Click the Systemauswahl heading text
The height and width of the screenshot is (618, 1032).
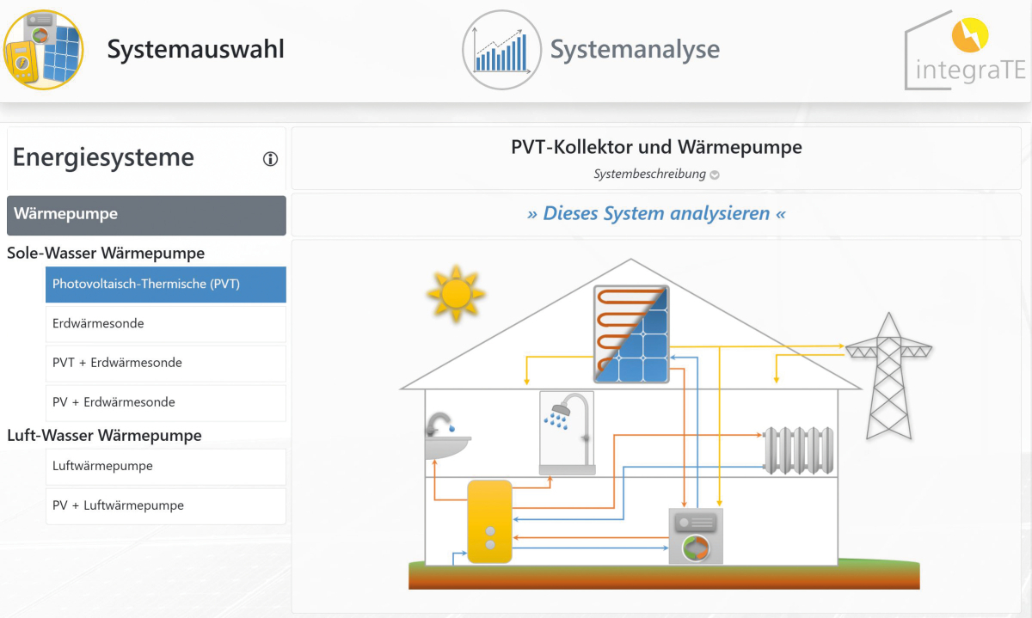pos(196,49)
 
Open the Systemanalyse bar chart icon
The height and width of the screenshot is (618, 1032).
pos(501,50)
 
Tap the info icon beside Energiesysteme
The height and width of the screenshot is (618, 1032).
pos(270,159)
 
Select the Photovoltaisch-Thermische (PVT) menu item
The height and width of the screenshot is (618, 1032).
pos(166,285)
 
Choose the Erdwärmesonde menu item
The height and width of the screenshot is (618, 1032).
pos(166,324)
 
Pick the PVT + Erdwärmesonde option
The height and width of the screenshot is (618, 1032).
pos(166,363)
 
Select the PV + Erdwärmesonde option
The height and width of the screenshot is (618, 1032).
pos(166,402)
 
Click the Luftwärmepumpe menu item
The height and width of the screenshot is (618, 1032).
pos(166,466)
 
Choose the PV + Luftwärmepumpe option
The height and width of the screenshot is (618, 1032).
pos(166,505)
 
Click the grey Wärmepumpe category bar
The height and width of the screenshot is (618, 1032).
pos(146,215)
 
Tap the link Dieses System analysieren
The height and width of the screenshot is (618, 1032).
pos(656,214)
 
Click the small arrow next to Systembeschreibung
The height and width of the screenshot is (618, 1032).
pos(715,174)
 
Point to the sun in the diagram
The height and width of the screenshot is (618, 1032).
pos(456,293)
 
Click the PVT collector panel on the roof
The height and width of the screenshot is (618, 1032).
pos(631,333)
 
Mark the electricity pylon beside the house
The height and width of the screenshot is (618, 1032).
pos(888,376)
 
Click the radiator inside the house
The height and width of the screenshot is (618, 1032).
pos(798,450)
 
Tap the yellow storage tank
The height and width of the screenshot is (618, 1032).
pos(489,521)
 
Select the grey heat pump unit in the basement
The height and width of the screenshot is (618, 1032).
pos(696,536)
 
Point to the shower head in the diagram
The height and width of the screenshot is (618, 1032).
pos(561,409)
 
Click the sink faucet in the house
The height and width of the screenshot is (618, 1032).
pos(439,424)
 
